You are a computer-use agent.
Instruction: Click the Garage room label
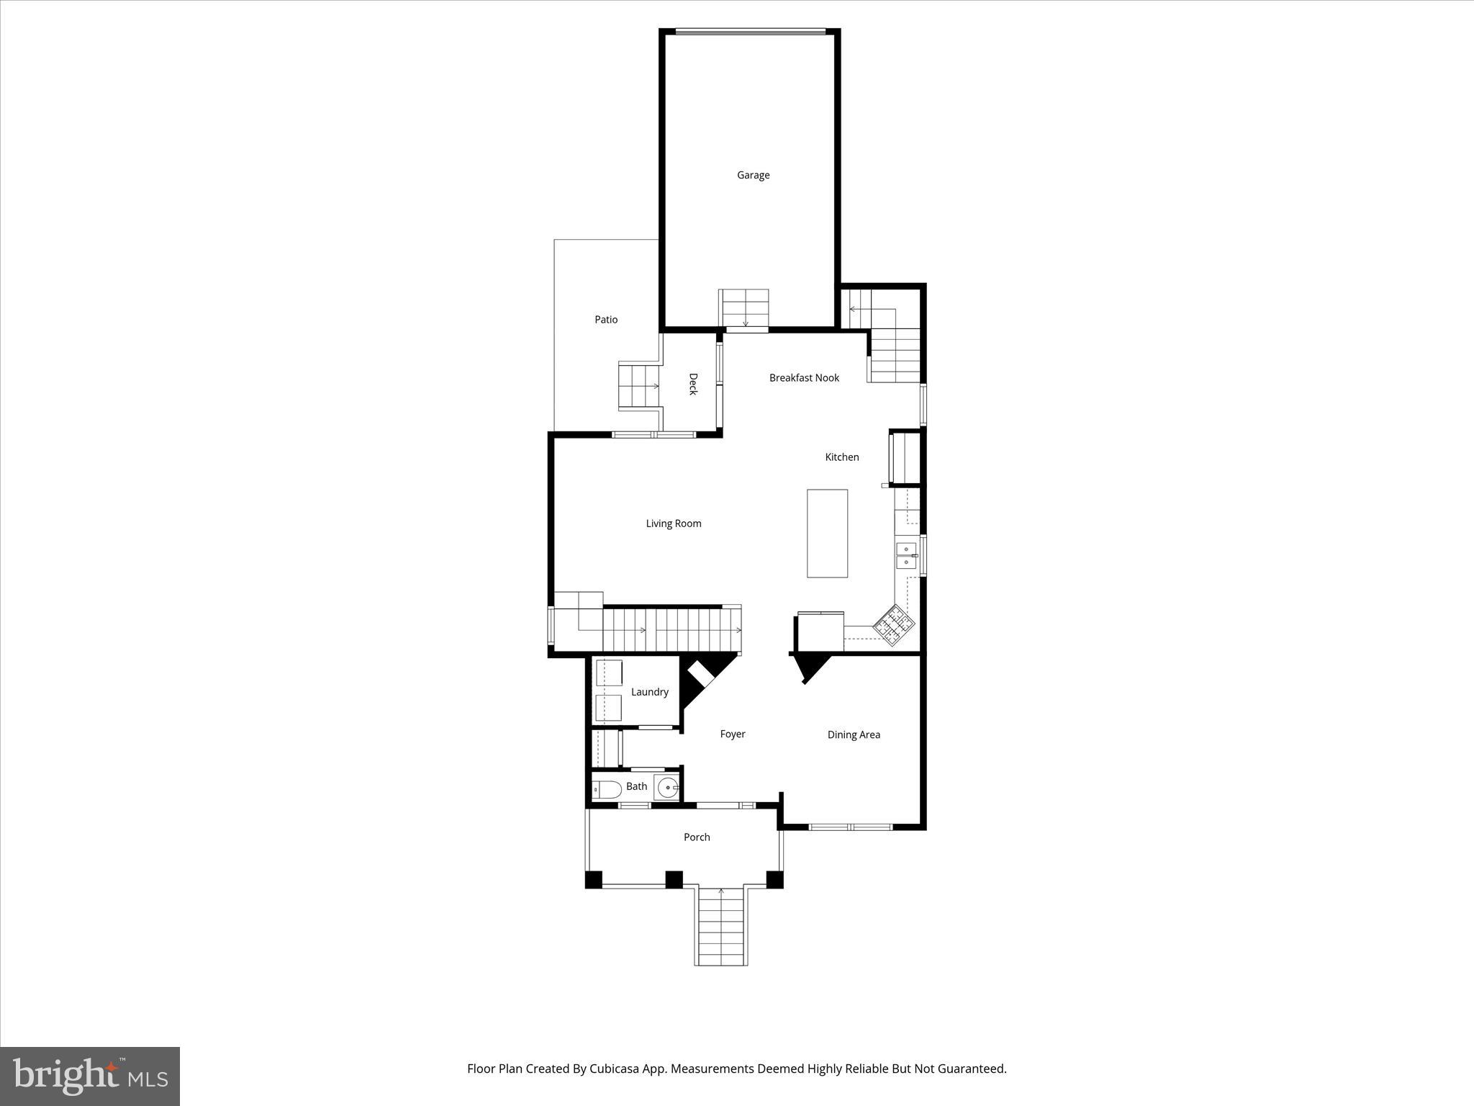[x=753, y=175]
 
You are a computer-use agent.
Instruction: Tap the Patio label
[x=606, y=320]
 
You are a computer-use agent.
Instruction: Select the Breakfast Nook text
[x=804, y=378]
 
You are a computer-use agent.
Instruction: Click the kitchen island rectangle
[x=827, y=534]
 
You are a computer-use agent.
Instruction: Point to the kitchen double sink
[x=906, y=556]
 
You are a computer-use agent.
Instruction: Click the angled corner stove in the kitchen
[x=895, y=624]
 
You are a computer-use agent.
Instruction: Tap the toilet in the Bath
[x=607, y=790]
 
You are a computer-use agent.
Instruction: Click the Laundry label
[x=649, y=692]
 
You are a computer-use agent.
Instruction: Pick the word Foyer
[x=733, y=734]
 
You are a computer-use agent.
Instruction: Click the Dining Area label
[x=854, y=735]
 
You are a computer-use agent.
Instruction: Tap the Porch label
[x=697, y=837]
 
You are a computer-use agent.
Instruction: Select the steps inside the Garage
[x=745, y=307]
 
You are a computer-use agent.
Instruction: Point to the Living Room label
[x=673, y=523]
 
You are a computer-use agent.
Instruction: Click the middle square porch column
[x=674, y=879]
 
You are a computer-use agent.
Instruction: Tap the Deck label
[x=692, y=384]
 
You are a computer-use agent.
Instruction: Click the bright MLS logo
[x=90, y=1076]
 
